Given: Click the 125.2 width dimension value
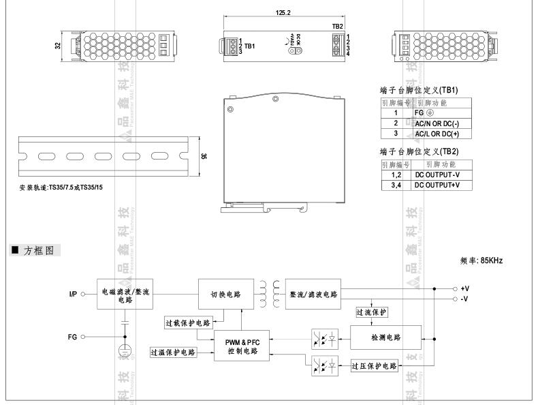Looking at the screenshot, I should (x=283, y=12).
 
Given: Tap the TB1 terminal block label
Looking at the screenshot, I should (x=250, y=46).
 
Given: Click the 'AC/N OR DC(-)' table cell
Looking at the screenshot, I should (x=441, y=123).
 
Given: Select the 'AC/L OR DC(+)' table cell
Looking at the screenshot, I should (x=441, y=134).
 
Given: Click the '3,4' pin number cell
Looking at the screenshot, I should (x=395, y=185).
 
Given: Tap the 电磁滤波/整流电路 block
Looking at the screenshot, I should (x=125, y=295).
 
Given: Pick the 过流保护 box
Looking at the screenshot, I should (x=371, y=312).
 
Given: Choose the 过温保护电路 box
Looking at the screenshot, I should (x=173, y=352).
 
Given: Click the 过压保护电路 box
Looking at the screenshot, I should (x=374, y=366).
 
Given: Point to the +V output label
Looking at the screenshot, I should (x=465, y=288).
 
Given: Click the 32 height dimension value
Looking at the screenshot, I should (x=58, y=46).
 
